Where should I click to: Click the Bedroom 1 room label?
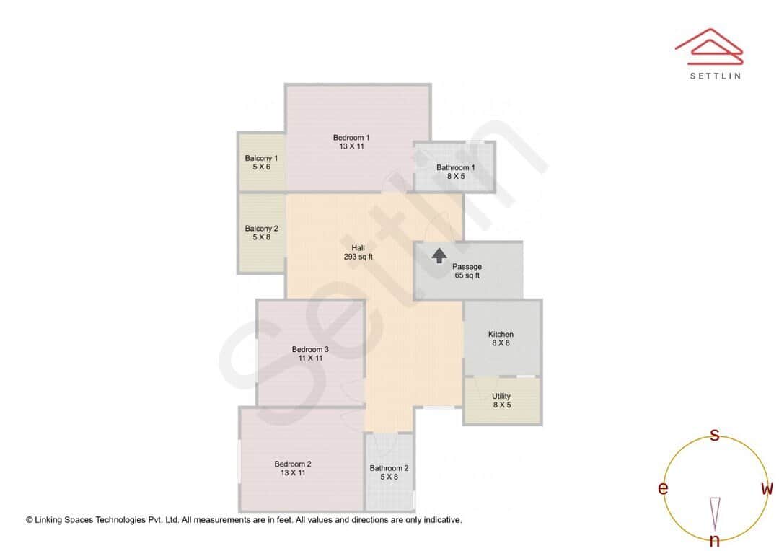click(351, 142)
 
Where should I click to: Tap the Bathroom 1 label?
click(455, 172)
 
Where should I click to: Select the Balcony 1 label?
click(261, 162)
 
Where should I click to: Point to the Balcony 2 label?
click(261, 232)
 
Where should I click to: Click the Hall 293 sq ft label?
click(358, 252)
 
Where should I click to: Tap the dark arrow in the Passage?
click(439, 255)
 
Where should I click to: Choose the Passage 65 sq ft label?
click(467, 271)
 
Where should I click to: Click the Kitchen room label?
click(501, 338)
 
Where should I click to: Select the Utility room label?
click(501, 400)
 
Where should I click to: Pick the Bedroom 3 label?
click(310, 353)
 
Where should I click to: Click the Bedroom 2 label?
click(293, 468)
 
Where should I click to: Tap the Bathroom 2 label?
click(389, 472)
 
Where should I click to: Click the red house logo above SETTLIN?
click(708, 44)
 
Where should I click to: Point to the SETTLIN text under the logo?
click(715, 76)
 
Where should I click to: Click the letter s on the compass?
click(715, 435)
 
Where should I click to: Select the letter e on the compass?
click(662, 489)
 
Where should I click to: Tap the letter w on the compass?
click(767, 489)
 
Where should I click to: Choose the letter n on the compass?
click(715, 541)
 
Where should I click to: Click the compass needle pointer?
click(715, 512)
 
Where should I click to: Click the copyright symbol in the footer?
click(30, 520)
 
